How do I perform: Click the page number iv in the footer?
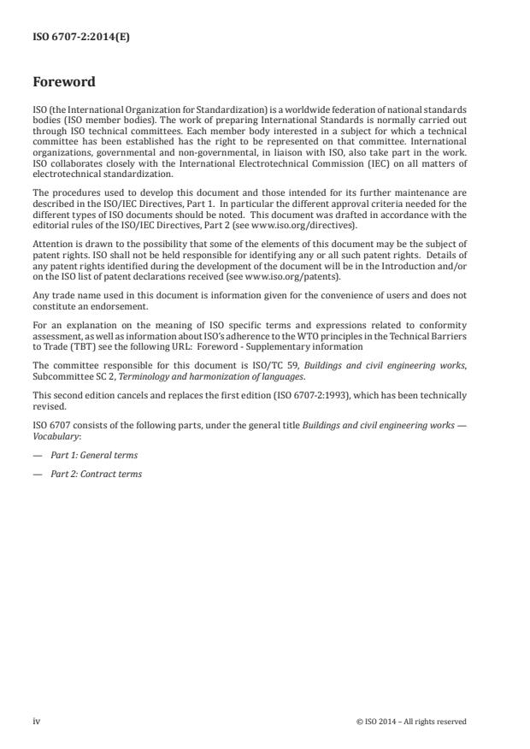coord(36,721)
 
